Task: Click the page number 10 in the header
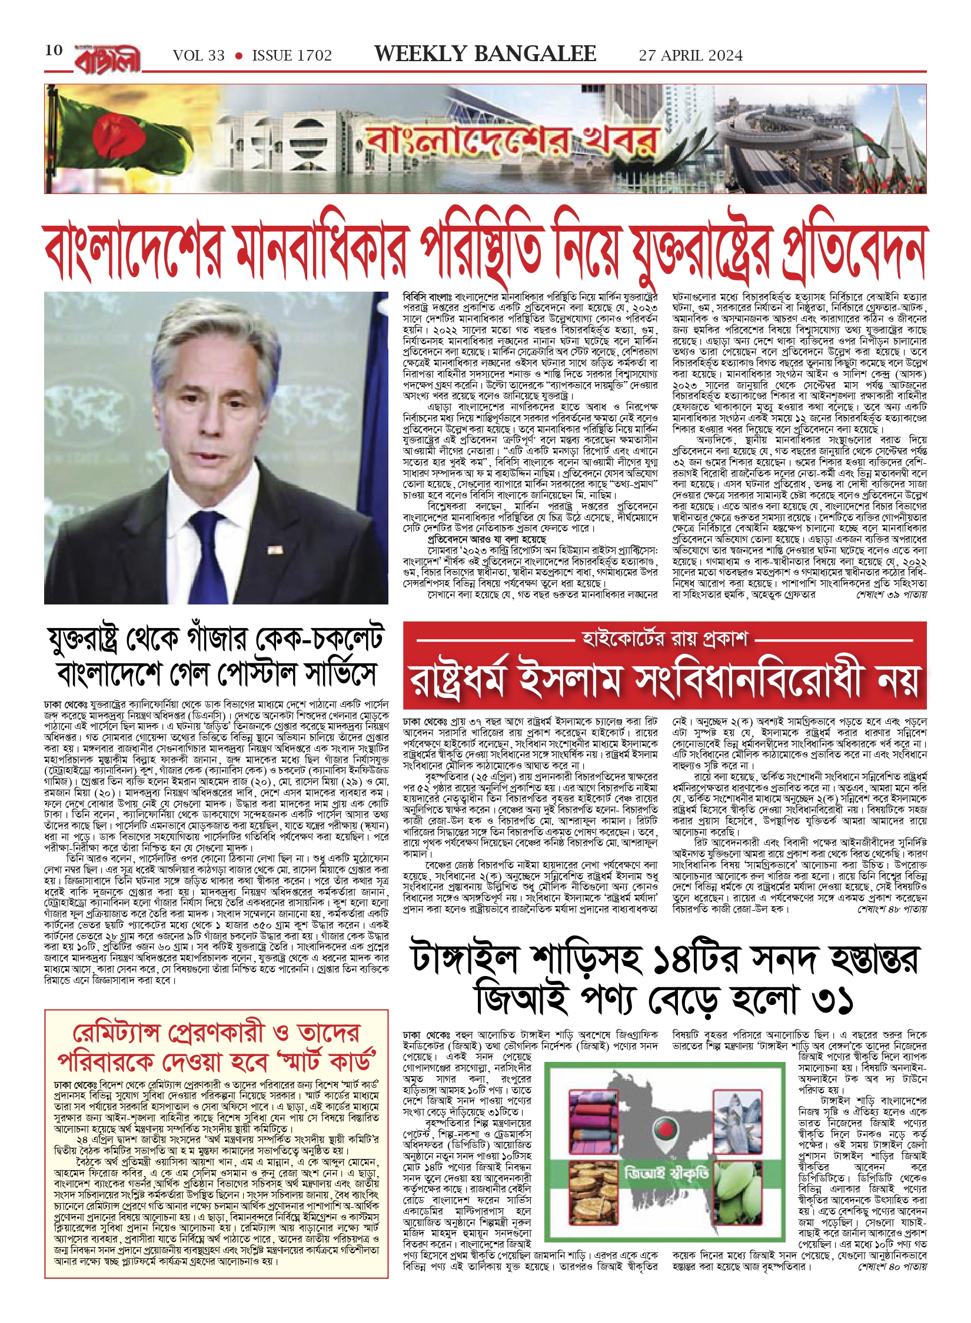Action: [x=54, y=50]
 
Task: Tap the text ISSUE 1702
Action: [x=292, y=56]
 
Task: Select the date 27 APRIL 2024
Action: [x=690, y=56]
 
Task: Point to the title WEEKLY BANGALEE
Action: [x=485, y=54]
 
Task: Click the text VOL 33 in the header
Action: [x=198, y=56]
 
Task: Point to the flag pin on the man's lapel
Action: [x=274, y=550]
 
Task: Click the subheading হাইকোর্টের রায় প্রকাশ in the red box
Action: [x=664, y=638]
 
